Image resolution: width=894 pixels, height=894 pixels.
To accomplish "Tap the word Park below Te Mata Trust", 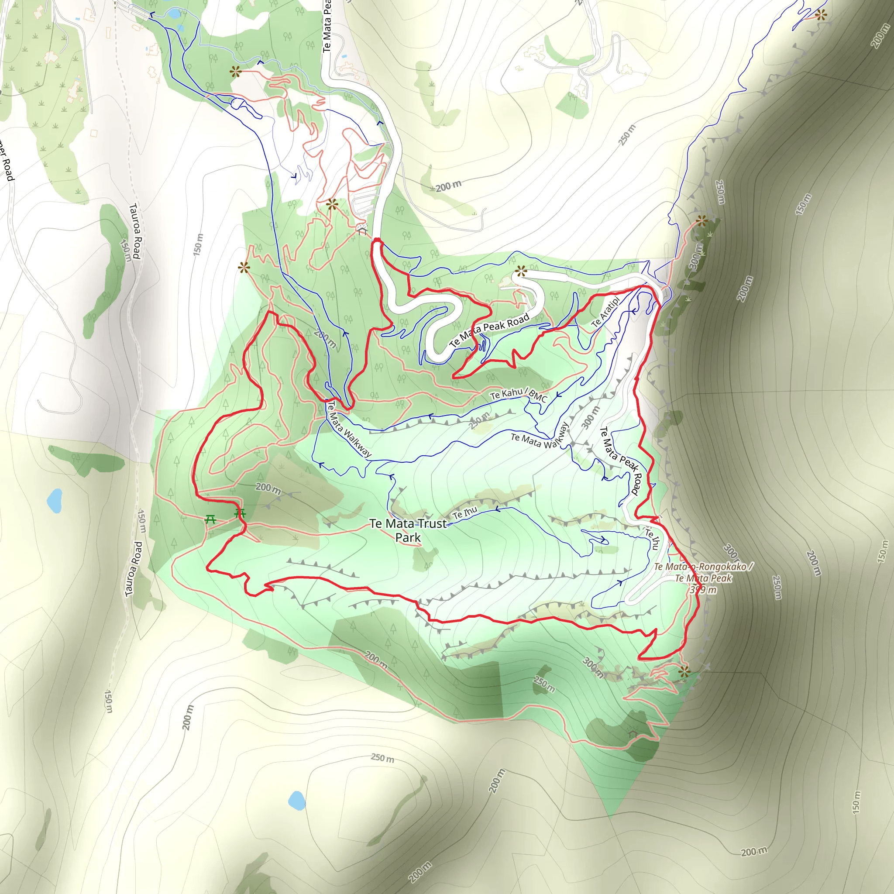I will click(408, 538).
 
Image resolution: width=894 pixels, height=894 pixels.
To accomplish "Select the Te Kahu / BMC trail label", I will click(518, 394).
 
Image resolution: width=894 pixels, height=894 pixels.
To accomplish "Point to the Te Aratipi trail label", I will click(605, 313).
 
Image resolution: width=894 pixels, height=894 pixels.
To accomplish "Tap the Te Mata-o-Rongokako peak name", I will click(703, 566).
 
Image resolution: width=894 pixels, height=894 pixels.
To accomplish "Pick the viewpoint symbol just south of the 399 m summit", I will click(684, 671).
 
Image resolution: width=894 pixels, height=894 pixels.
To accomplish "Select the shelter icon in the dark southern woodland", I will click(632, 733).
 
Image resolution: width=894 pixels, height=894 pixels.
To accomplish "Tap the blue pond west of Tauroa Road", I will click(55, 501).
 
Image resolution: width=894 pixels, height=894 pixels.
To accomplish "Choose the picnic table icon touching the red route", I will click(240, 513).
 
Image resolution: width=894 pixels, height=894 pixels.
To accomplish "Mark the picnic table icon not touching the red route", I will click(210, 519).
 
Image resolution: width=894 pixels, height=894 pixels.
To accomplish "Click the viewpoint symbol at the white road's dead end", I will click(521, 271).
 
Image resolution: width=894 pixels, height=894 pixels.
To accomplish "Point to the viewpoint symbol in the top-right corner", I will click(821, 15).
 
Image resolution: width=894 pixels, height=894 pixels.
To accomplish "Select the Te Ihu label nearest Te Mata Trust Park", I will click(464, 512).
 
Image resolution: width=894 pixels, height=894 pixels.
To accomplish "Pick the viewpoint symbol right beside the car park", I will click(332, 204).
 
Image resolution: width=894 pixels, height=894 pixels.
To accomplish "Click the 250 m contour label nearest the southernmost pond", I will click(382, 758).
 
